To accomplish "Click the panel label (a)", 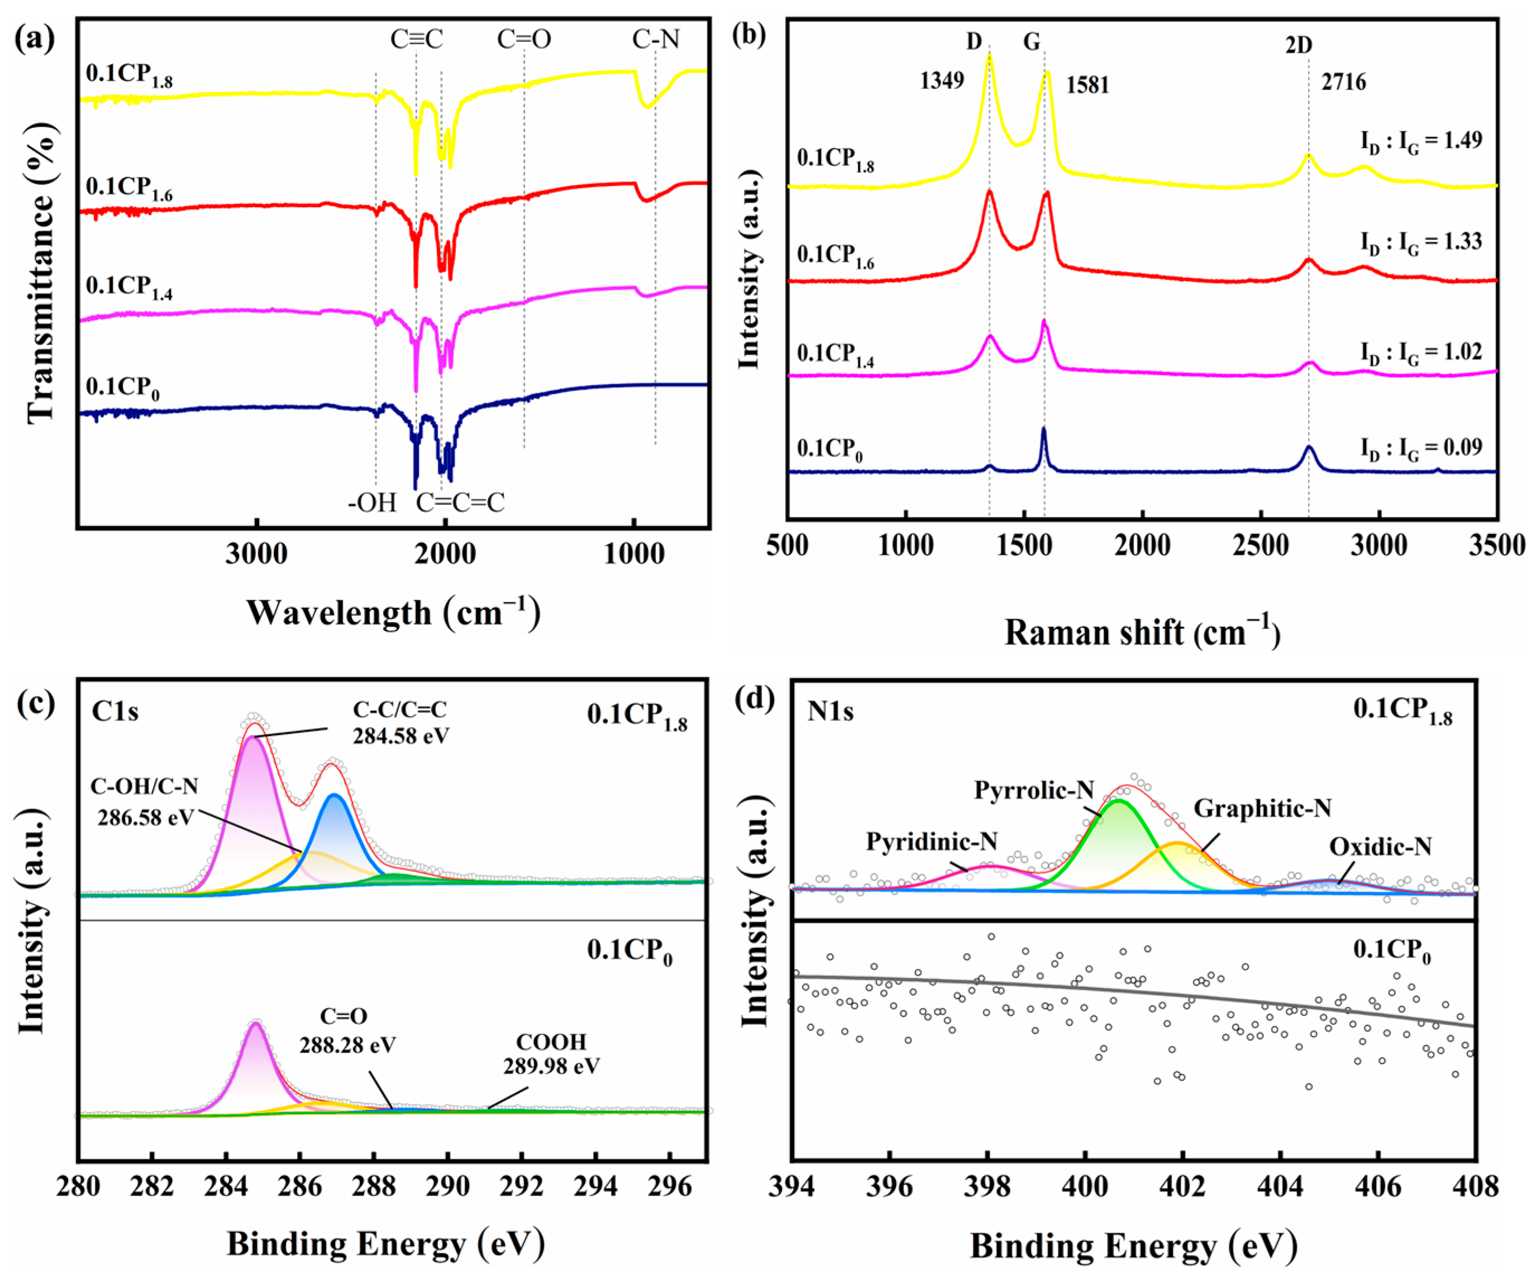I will pos(35,38).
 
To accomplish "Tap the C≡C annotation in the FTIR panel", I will pos(417,40).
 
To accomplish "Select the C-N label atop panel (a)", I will pos(656,40).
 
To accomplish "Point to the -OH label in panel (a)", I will pos(372,503).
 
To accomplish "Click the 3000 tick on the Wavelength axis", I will pos(256,554).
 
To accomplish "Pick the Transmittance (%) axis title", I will pos(42,272).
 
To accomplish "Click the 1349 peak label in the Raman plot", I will pos(942,80).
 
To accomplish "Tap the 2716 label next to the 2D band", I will pos(1344,82).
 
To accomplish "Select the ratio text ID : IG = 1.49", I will pos(1421,141).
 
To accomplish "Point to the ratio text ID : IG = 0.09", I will pos(1421,448).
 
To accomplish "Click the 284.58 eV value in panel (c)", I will pos(401,736).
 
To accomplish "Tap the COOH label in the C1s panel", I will pos(551,1042).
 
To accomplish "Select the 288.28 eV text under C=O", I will pos(347,1044).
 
